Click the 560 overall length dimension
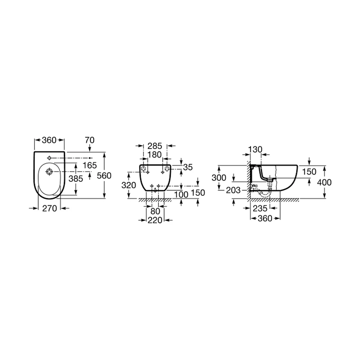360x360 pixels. (104, 176)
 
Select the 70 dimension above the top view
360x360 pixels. (90, 140)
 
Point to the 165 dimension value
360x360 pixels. (90, 165)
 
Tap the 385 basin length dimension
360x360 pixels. (76, 179)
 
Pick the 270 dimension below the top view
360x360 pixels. (50, 208)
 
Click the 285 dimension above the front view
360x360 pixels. (155, 146)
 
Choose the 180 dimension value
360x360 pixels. (154, 155)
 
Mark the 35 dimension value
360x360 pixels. (188, 167)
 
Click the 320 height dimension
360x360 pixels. (129, 185)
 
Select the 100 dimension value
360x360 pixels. (181, 195)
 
